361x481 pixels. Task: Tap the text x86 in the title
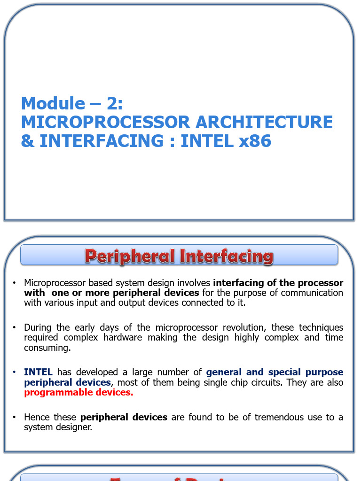255,141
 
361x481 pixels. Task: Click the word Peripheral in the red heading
129,256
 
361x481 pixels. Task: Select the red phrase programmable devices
78,392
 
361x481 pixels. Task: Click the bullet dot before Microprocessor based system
15,283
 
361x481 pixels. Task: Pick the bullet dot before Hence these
15,417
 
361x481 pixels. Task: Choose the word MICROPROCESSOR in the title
105,122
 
